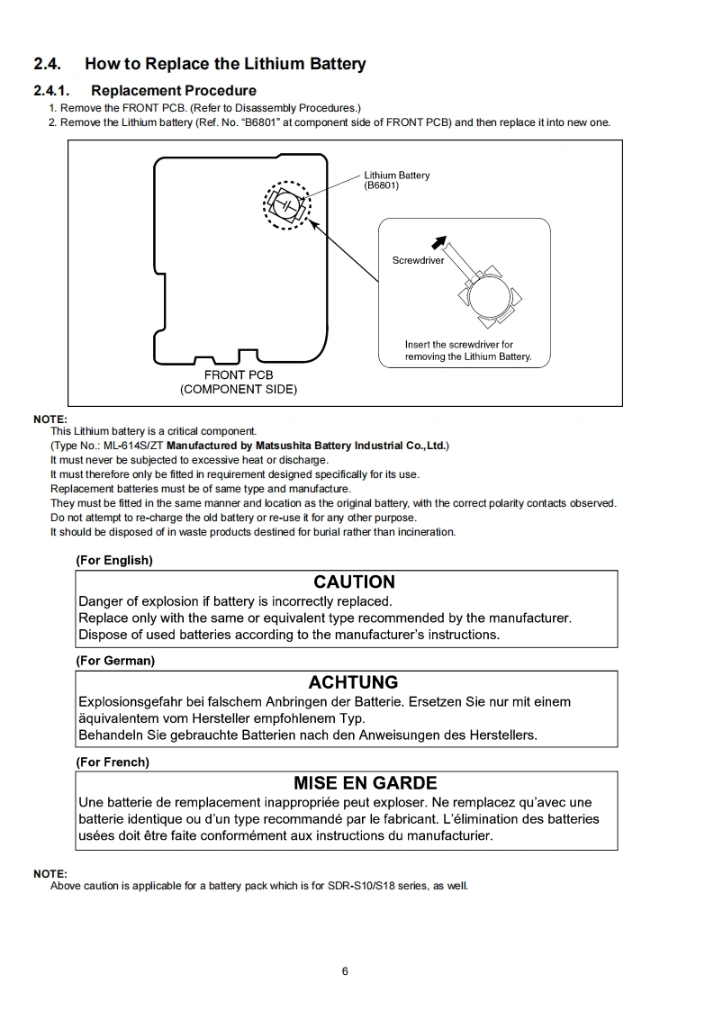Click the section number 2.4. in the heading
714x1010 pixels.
[x=48, y=64]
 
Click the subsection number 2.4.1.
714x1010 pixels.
[x=53, y=90]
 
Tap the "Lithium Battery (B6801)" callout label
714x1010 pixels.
[x=396, y=180]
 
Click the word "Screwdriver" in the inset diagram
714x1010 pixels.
[x=418, y=260]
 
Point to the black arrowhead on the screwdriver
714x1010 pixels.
[x=438, y=241]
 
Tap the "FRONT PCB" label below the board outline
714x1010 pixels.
[x=239, y=374]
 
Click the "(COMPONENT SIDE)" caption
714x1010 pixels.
[x=239, y=389]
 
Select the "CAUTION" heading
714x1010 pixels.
[x=354, y=582]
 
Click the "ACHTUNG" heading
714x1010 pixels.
[x=353, y=682]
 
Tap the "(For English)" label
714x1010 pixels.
[x=114, y=560]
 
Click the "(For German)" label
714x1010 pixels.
[x=115, y=661]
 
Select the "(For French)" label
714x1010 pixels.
[x=113, y=762]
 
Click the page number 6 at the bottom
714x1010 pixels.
[x=345, y=970]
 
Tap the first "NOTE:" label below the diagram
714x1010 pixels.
[x=50, y=419]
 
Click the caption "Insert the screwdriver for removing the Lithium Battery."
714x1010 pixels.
[x=467, y=350]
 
